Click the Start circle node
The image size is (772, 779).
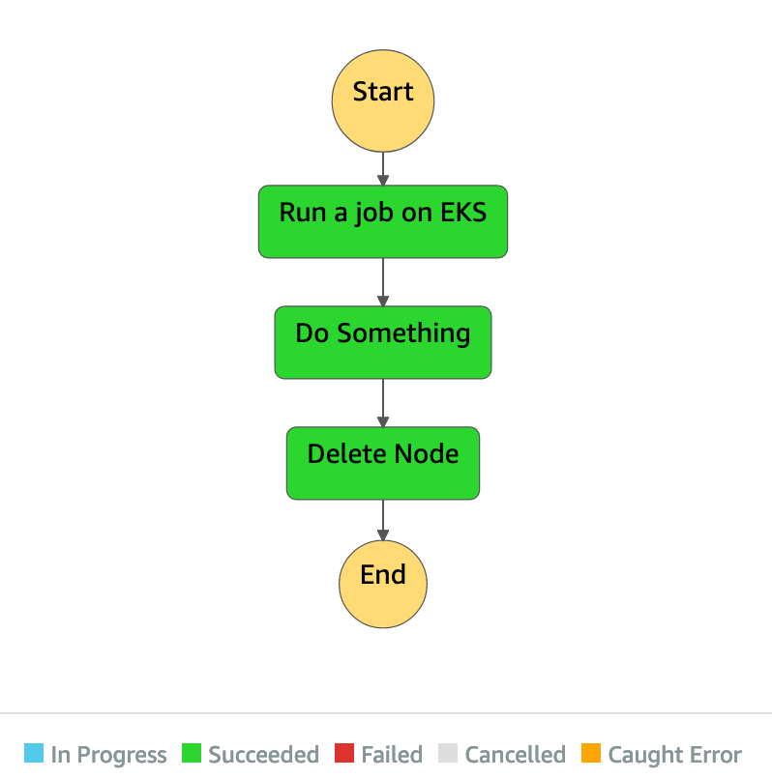pyautogui.click(x=383, y=100)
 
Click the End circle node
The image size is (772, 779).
pyautogui.click(x=383, y=583)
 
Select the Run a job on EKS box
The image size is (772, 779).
pyautogui.click(x=383, y=221)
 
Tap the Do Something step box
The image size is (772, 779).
pyautogui.click(x=383, y=342)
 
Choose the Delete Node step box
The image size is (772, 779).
pyautogui.click(x=383, y=463)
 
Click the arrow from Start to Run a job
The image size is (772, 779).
pyautogui.click(x=383, y=168)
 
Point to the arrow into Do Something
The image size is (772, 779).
pyautogui.click(x=383, y=282)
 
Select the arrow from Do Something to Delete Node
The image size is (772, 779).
pyautogui.click(x=383, y=403)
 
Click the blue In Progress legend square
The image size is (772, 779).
pyautogui.click(x=34, y=753)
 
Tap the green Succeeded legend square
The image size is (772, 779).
pyautogui.click(x=192, y=753)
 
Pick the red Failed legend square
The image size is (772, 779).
pyautogui.click(x=344, y=753)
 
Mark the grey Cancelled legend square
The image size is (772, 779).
pyautogui.click(x=448, y=753)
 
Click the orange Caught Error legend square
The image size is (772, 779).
pyautogui.click(x=591, y=753)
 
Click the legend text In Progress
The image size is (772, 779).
pyautogui.click(x=108, y=755)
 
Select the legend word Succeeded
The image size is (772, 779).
pyautogui.click(x=263, y=755)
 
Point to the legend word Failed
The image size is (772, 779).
pyautogui.click(x=392, y=755)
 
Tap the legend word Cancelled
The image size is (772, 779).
pyautogui.click(x=515, y=755)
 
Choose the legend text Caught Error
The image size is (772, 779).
pyautogui.click(x=674, y=755)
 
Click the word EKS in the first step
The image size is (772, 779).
pyautogui.click(x=463, y=213)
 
